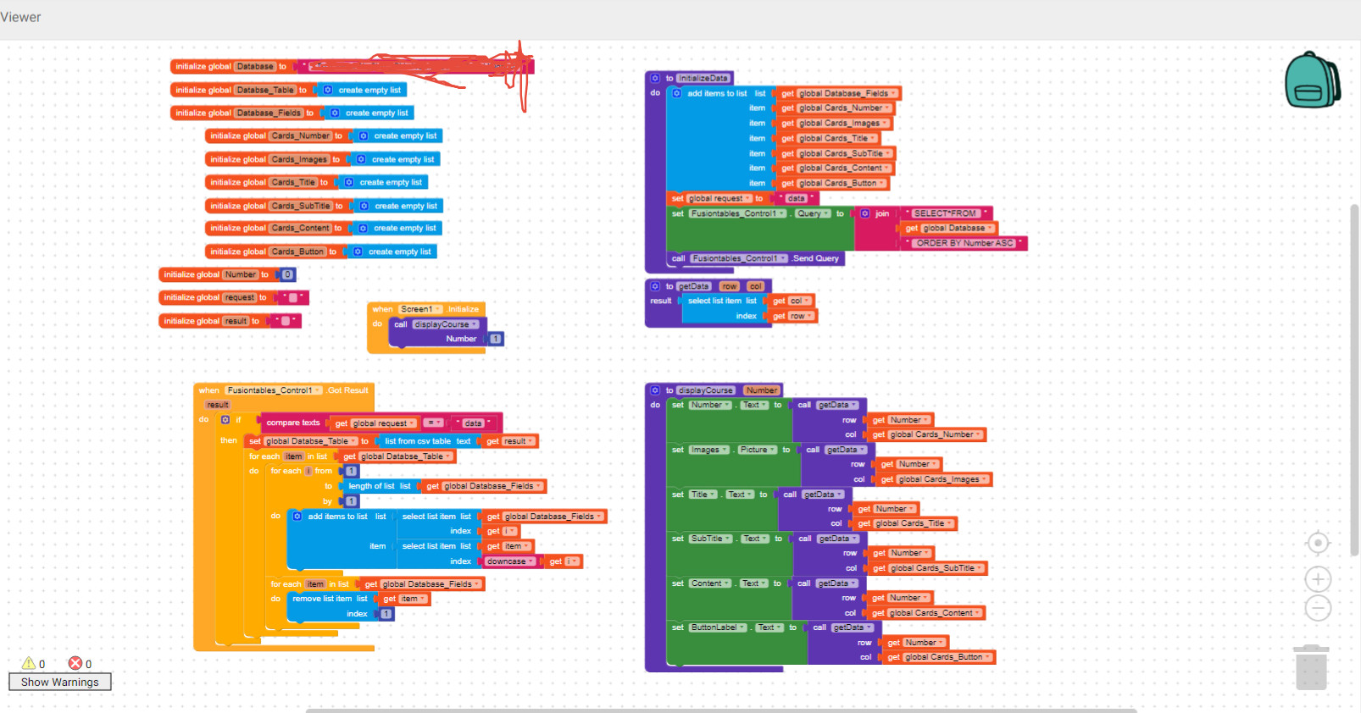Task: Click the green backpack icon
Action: point(1311,80)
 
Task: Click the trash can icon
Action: point(1311,667)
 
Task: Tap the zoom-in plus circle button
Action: point(1318,579)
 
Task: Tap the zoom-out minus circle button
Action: point(1318,608)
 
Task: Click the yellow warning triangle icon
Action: point(29,663)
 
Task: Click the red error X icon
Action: point(75,663)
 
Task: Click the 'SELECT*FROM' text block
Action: point(945,213)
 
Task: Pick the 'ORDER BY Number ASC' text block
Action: point(964,243)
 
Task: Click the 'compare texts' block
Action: point(292,423)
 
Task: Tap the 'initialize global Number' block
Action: point(192,274)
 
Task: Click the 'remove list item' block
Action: point(322,599)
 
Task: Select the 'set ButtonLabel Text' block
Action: point(678,627)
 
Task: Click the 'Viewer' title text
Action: point(20,17)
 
